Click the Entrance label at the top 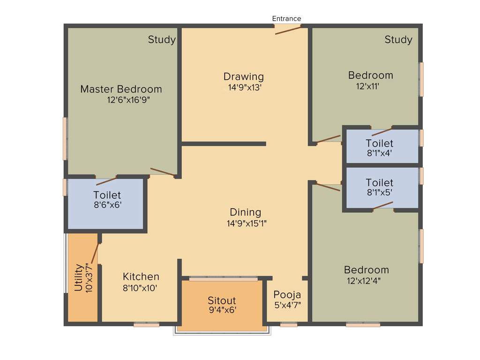coord(286,19)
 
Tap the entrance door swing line coord(288,30)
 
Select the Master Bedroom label coord(121,89)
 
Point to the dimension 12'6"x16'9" coord(128,100)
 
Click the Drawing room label coord(243,76)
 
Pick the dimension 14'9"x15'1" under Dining coord(247,224)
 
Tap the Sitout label coord(222,300)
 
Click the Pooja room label coord(287,295)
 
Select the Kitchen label coord(141,277)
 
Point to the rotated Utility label coord(78,277)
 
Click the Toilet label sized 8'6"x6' coord(107,195)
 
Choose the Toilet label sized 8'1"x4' coord(379,143)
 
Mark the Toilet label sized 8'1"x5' coord(379,182)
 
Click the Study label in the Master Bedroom coord(162,40)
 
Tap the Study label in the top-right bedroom coord(398,40)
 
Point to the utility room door coord(95,254)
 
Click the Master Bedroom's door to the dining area coord(163,172)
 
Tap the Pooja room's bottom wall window coord(288,324)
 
